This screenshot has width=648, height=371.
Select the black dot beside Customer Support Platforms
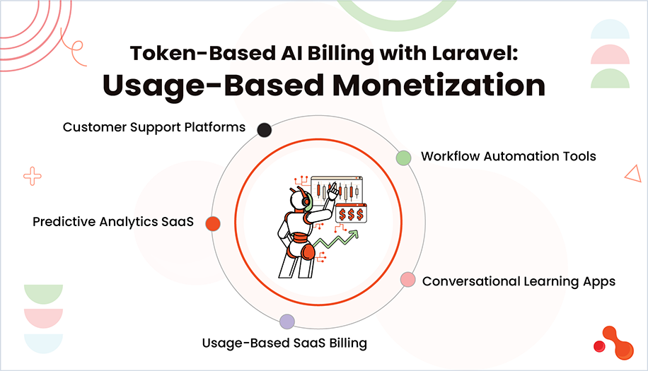pos(265,129)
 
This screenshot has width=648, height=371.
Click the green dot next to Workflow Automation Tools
pos(403,158)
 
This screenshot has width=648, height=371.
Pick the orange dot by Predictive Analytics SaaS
pos(212,223)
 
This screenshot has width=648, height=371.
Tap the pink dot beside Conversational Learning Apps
pos(407,280)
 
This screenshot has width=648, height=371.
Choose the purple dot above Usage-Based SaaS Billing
pos(287,322)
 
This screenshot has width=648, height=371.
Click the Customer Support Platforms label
pos(154,128)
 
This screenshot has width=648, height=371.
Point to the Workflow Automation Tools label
pos(508,156)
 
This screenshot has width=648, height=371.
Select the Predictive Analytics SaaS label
pos(113,222)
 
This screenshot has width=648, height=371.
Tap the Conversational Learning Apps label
pos(519,281)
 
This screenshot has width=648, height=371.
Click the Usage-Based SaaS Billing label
pos(284,343)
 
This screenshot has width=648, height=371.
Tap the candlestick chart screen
pos(337,189)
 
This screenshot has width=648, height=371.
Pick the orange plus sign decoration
pos(32,176)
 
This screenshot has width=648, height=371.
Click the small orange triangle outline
pos(633,173)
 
